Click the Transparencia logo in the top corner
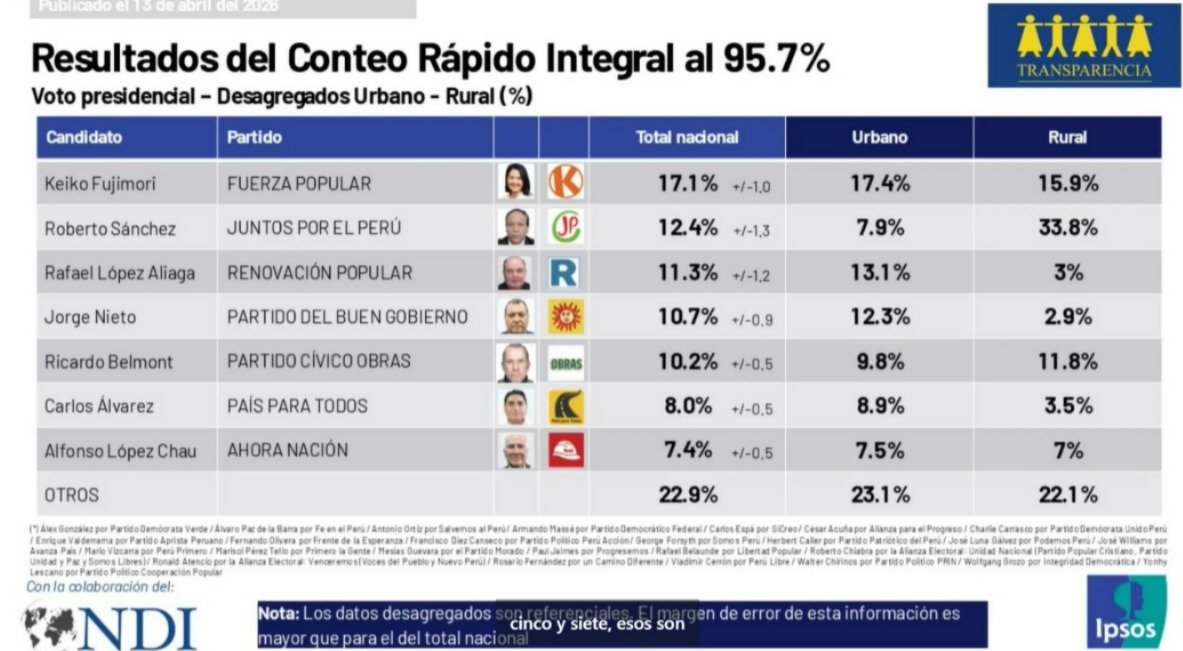1084,45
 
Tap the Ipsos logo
1125,611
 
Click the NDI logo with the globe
110,627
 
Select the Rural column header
1067,137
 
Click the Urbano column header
879,137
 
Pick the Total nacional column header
687,137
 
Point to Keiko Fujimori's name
100,184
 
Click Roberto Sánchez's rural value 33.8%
1067,228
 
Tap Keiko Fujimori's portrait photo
516,183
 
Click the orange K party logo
566,183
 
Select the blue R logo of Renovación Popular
565,272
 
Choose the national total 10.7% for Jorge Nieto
687,317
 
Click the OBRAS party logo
566,363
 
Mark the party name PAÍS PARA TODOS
297,406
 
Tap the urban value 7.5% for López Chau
880,450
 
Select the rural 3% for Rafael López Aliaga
1067,272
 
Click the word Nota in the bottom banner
277,613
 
